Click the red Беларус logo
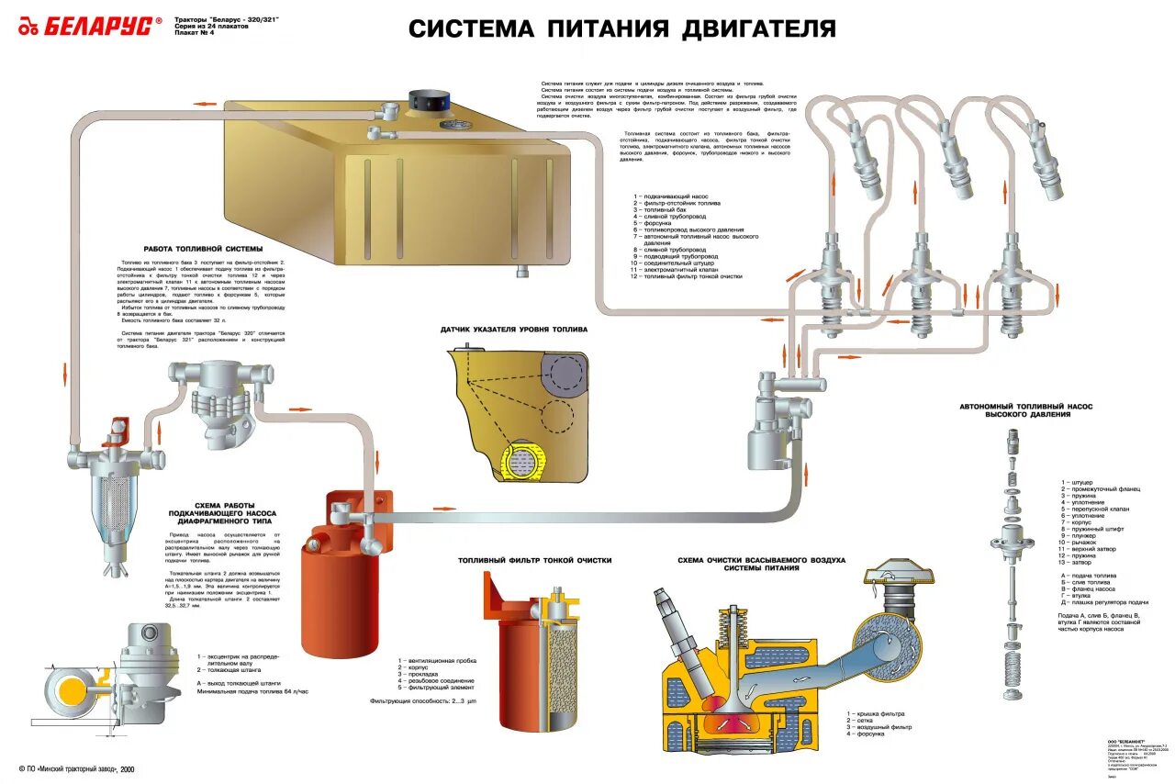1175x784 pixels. (x=90, y=27)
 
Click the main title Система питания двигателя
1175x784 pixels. (x=621, y=28)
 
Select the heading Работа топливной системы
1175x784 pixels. (x=203, y=250)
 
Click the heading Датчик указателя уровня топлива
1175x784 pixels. (x=513, y=329)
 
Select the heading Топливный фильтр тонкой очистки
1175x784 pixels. (x=534, y=559)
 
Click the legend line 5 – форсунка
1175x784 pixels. (x=653, y=223)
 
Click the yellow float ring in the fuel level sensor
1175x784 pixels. (x=520, y=460)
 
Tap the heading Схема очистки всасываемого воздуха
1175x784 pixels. (x=761, y=564)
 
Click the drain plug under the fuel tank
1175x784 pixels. (x=522, y=272)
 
